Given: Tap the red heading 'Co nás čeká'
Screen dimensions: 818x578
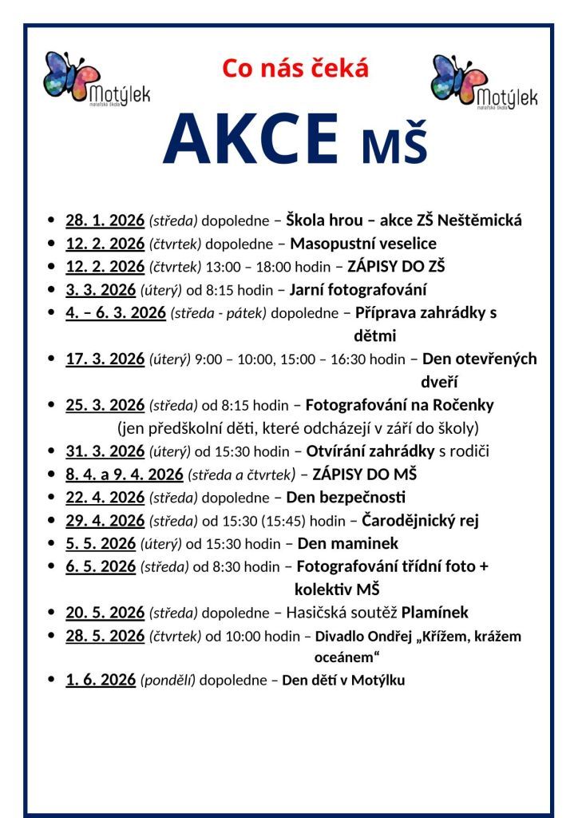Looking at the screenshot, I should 295,69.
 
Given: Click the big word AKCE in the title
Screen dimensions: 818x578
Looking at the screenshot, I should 251,139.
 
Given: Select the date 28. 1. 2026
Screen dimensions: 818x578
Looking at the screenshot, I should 105,220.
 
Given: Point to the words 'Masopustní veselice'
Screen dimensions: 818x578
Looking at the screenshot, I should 363,244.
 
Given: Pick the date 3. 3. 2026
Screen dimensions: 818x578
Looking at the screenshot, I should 101,290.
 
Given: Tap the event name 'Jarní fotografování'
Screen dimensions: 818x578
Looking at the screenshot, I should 358,290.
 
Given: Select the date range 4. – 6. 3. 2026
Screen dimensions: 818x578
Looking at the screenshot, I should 116,313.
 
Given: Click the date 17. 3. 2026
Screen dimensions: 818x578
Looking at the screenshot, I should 105,359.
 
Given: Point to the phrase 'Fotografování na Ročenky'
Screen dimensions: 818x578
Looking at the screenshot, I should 399,406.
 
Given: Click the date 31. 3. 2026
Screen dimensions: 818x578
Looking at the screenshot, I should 105,452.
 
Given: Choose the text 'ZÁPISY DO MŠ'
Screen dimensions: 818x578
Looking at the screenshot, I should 365,475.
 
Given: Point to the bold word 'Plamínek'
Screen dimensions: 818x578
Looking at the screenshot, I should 434,613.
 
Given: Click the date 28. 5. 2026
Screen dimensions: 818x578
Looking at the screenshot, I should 105,637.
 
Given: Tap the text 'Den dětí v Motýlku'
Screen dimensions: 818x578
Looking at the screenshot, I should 343,681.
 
